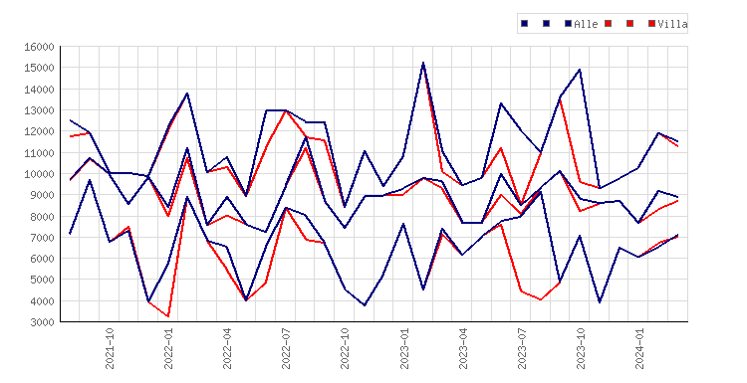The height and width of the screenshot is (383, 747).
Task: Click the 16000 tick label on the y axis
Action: (39, 47)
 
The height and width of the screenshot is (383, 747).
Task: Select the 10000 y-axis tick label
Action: (39, 174)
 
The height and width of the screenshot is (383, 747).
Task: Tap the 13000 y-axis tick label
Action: (39, 110)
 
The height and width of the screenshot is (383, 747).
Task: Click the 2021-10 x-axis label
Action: (110, 348)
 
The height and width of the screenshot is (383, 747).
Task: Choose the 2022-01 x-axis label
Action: (168, 348)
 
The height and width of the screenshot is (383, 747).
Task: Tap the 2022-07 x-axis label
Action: (286, 348)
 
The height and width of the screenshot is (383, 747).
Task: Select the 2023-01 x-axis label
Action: (404, 348)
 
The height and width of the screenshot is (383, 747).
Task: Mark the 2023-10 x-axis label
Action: (581, 348)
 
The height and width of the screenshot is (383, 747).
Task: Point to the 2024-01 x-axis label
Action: (639, 348)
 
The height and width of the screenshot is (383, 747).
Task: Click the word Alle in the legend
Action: (586, 24)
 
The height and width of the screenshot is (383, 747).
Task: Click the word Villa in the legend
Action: (672, 24)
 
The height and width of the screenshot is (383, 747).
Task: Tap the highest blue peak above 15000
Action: (423, 63)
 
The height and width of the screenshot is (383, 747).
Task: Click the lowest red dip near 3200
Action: (168, 316)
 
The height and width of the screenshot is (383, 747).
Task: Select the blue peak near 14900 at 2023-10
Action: (580, 70)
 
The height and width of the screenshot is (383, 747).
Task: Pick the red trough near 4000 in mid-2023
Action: (541, 299)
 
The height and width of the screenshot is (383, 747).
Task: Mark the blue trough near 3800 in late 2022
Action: (365, 305)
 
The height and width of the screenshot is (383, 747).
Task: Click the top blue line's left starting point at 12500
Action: (70, 120)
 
